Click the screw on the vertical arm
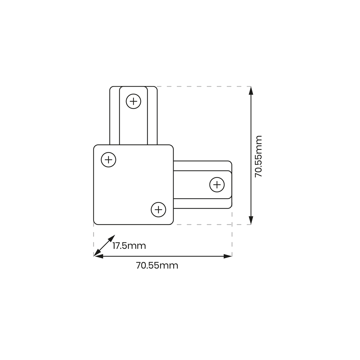[x=133, y=101]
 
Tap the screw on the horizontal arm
[x=217, y=185]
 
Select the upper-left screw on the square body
[x=108, y=160]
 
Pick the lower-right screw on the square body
[x=158, y=210]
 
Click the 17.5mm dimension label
[x=129, y=246]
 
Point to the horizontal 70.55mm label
[x=157, y=266]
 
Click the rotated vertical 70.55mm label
[x=259, y=156]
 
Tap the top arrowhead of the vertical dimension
[x=251, y=91]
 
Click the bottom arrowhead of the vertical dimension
[x=251, y=220]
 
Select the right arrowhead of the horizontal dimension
[x=228, y=256]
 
